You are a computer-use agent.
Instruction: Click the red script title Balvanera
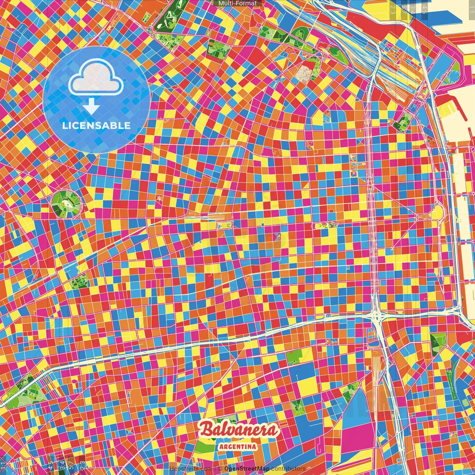click(238, 430)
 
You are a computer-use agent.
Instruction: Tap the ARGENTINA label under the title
click(238, 446)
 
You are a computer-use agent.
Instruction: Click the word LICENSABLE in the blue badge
click(96, 125)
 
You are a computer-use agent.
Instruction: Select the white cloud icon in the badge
click(96, 77)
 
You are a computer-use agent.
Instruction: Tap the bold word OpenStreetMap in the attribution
click(247, 469)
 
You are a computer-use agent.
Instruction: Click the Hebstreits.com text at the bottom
click(190, 469)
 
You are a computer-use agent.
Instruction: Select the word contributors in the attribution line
click(288, 469)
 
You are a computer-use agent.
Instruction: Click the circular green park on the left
click(66, 203)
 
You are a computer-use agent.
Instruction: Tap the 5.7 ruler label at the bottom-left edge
click(71, 465)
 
